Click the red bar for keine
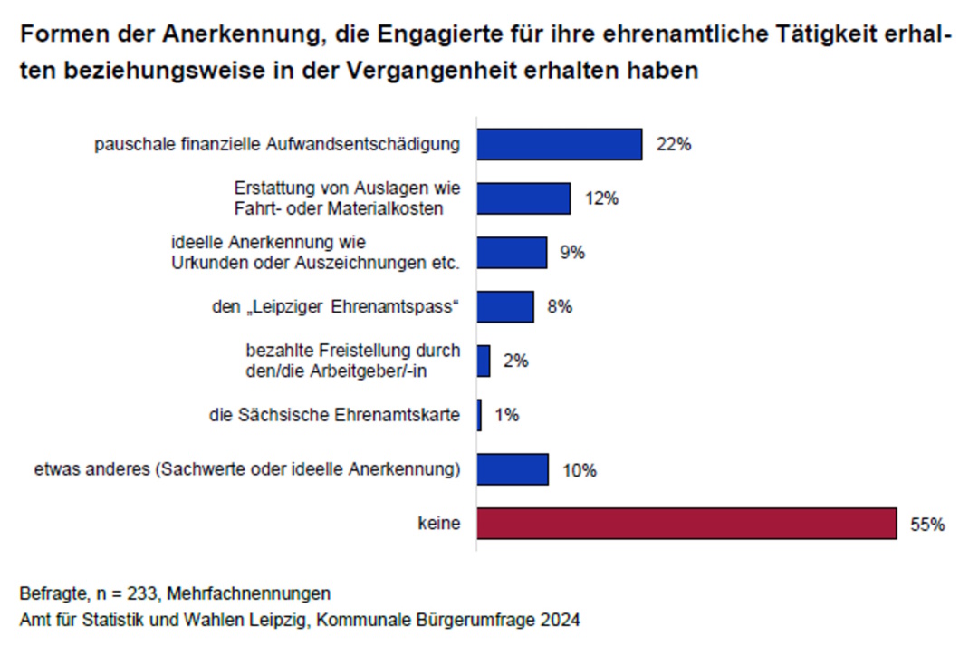686,524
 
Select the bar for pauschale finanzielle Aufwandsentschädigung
559,144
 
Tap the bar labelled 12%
523,198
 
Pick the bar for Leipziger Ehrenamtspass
505,307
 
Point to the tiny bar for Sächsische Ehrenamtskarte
479,416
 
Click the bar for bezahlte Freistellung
484,361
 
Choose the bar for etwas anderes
513,470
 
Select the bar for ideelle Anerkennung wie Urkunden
512,253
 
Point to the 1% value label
507,416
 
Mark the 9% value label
572,253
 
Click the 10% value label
579,471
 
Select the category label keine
439,524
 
